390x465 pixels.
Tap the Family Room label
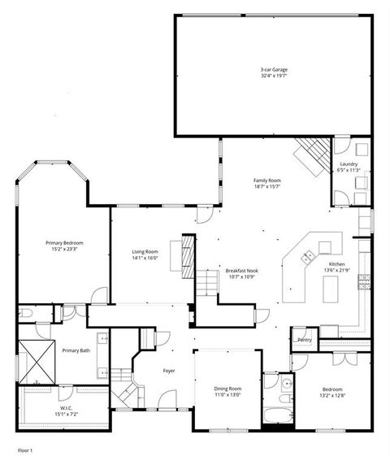(266, 183)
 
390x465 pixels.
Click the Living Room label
(145, 254)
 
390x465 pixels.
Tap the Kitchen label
(336, 267)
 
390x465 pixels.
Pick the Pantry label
(305, 340)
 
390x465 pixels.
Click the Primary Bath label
(76, 350)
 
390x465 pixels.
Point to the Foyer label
(168, 371)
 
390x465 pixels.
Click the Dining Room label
(227, 392)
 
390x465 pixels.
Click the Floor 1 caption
(25, 449)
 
